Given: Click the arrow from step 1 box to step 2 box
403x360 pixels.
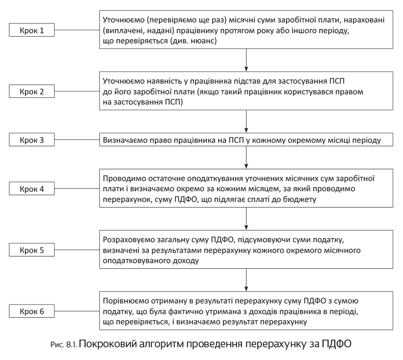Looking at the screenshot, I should point(247,60).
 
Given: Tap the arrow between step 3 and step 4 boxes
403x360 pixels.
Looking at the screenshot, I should point(247,159).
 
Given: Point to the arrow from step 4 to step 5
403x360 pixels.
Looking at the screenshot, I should point(247,219).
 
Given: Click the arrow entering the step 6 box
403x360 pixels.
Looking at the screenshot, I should point(247,280).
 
